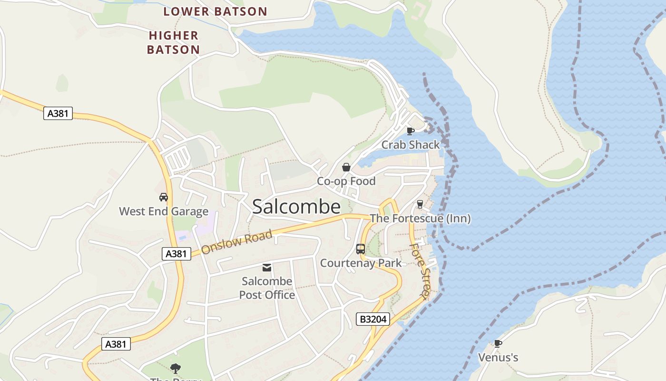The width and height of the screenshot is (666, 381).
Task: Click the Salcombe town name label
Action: pyautogui.click(x=296, y=207)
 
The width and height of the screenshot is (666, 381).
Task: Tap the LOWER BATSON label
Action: pyautogui.click(x=215, y=11)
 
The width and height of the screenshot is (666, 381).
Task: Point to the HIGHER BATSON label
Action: pyautogui.click(x=173, y=42)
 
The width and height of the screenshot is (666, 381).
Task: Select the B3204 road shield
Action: pyautogui.click(x=373, y=319)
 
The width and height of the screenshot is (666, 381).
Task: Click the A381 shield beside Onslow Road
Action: pyautogui.click(x=176, y=254)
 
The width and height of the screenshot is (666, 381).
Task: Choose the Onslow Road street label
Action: pyautogui.click(x=236, y=242)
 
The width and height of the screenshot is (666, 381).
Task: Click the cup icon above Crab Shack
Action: pyautogui.click(x=410, y=130)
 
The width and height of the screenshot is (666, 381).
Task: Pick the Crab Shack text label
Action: pyautogui.click(x=411, y=144)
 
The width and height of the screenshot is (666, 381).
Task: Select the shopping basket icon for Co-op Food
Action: pyautogui.click(x=346, y=167)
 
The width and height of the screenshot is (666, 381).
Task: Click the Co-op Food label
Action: pyautogui.click(x=346, y=181)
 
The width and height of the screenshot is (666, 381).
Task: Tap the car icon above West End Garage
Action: pyautogui.click(x=164, y=197)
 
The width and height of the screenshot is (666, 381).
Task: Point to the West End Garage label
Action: pyautogui.click(x=164, y=211)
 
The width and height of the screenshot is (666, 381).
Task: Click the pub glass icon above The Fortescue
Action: pyautogui.click(x=420, y=204)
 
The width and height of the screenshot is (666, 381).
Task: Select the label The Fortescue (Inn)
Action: pyautogui.click(x=420, y=219)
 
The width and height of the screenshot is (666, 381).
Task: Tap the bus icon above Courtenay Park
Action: pyautogui.click(x=361, y=249)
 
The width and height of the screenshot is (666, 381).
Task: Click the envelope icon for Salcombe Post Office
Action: pyautogui.click(x=267, y=267)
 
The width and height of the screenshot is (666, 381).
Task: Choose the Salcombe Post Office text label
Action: pyautogui.click(x=267, y=288)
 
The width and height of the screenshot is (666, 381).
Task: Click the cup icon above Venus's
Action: pyautogui.click(x=498, y=343)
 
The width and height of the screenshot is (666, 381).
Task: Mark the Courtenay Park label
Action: pyautogui.click(x=361, y=263)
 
